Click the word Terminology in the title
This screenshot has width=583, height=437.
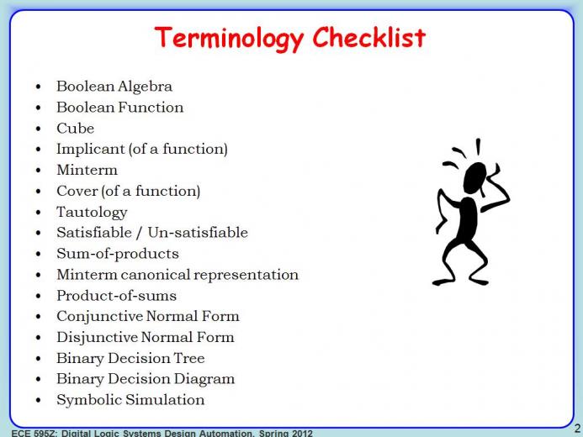229,39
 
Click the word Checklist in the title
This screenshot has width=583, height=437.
369,37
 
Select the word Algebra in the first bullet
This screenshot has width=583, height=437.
145,87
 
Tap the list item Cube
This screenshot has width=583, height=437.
75,128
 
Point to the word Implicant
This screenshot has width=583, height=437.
90,150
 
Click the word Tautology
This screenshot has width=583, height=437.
92,213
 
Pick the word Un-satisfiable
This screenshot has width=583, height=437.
198,233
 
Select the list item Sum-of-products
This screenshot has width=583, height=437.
118,254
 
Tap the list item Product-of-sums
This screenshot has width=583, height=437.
116,296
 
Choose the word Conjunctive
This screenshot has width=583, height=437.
99,317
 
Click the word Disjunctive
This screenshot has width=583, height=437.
97,338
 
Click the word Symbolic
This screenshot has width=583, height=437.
89,400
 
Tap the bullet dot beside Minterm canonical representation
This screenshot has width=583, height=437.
39,275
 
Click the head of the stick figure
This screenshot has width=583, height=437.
474,178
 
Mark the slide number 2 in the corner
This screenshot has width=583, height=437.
577,429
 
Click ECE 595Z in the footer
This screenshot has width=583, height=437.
34,434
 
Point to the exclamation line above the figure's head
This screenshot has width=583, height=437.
478,147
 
